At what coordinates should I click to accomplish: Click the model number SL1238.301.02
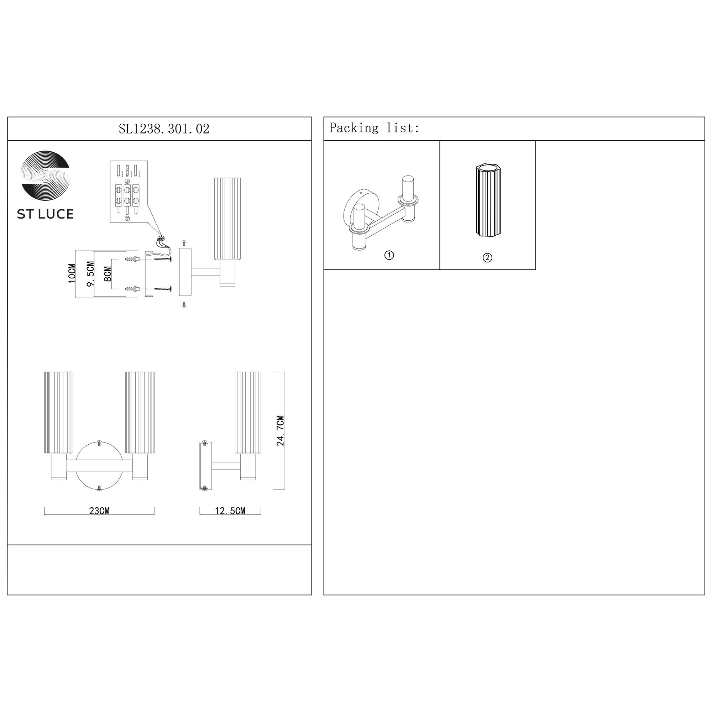point(164,129)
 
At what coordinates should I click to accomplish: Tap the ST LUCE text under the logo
point(45,214)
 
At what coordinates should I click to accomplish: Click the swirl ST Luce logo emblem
point(45,176)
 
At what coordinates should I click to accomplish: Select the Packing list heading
point(374,128)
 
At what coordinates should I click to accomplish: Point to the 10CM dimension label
point(72,273)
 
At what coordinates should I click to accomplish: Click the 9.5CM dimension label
point(90,273)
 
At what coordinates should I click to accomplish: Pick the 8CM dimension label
point(108,274)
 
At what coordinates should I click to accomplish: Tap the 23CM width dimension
point(99,511)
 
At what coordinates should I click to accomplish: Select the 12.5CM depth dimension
point(230,511)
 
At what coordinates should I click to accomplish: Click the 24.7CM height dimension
point(281,430)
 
